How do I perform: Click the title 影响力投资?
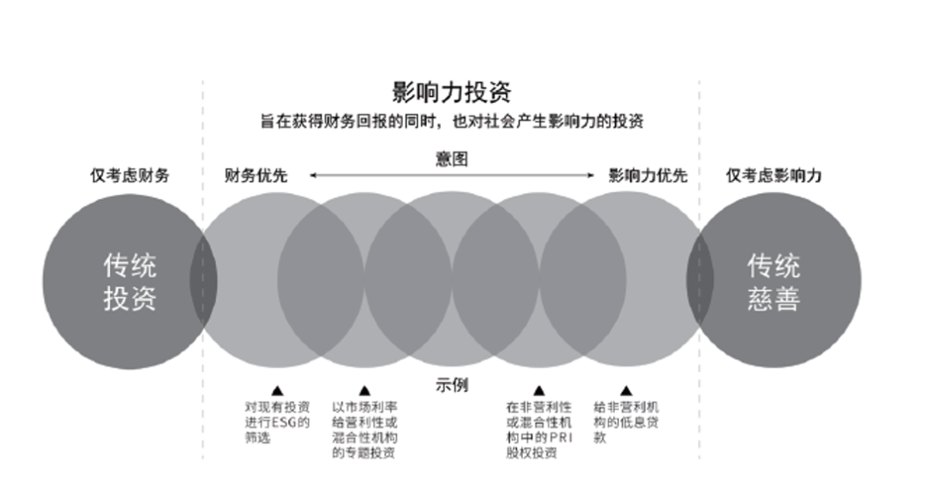[x=451, y=93]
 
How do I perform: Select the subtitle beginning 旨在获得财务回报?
[x=451, y=122]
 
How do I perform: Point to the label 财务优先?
[x=256, y=176]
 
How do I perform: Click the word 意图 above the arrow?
[x=451, y=158]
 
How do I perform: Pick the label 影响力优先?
[x=647, y=176]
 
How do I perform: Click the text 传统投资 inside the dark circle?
[x=130, y=281]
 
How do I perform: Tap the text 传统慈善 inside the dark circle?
[x=773, y=281]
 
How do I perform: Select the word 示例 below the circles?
[x=451, y=385]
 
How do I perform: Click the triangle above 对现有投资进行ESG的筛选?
[x=276, y=390]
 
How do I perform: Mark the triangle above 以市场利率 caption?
[x=364, y=390]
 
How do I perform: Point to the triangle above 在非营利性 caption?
[x=538, y=390]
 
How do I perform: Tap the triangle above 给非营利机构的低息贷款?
[x=626, y=390]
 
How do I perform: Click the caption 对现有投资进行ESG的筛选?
[x=276, y=422]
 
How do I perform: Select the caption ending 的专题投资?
[x=364, y=429]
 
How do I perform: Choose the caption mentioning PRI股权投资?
[x=538, y=429]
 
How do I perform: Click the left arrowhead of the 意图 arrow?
[x=313, y=175]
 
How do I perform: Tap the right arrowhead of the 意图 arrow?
[x=591, y=175]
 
